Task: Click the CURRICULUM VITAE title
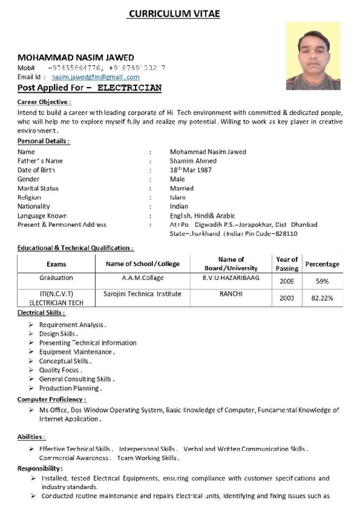[x=173, y=13]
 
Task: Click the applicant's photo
[x=313, y=55]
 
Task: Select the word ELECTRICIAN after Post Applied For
[x=129, y=88]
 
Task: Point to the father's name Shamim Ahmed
[x=193, y=161]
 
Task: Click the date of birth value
[x=190, y=170]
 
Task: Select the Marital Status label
[x=38, y=188]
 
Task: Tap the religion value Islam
[x=178, y=197]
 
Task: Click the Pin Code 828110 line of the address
[x=233, y=233]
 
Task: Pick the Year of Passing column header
[x=287, y=263]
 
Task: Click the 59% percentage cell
[x=322, y=281]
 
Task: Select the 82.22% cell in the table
[x=322, y=298]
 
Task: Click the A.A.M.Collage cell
[x=142, y=278]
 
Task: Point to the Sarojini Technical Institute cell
[x=142, y=294]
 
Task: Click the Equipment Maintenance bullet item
[x=77, y=352]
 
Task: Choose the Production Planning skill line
[x=70, y=388]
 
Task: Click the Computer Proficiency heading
[x=52, y=399]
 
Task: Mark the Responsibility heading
[x=40, y=468]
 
